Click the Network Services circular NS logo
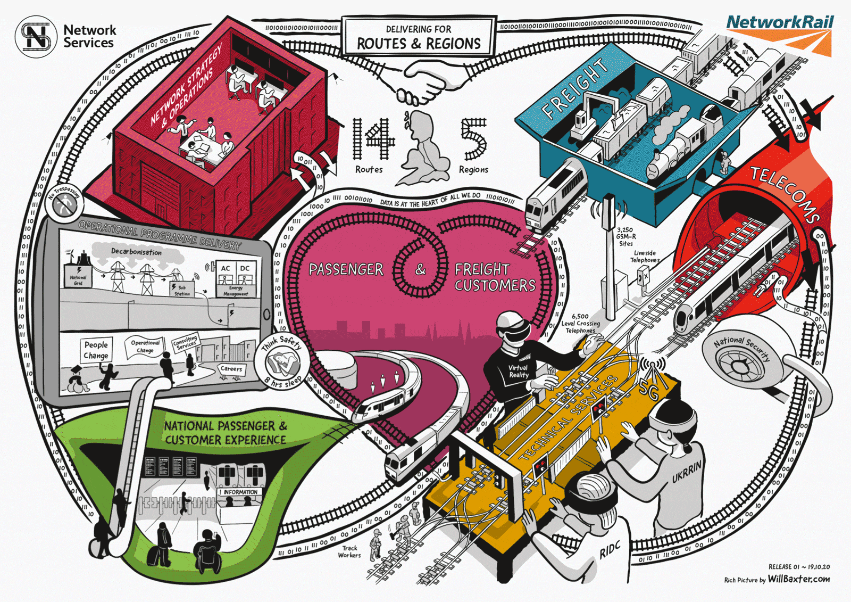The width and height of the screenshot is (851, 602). (36, 37)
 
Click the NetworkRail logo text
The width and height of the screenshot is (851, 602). (780, 22)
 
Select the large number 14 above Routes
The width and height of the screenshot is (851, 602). (374, 138)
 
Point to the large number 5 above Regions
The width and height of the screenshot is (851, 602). (473, 138)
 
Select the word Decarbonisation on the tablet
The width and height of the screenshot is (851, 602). (136, 251)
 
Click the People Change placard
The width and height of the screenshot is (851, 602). (96, 350)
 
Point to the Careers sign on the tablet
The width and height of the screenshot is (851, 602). (231, 368)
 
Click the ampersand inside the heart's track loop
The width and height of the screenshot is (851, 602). (421, 269)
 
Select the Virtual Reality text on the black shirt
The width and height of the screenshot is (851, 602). (518, 371)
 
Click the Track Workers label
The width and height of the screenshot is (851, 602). (349, 551)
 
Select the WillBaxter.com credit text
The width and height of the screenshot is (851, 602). (798, 579)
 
